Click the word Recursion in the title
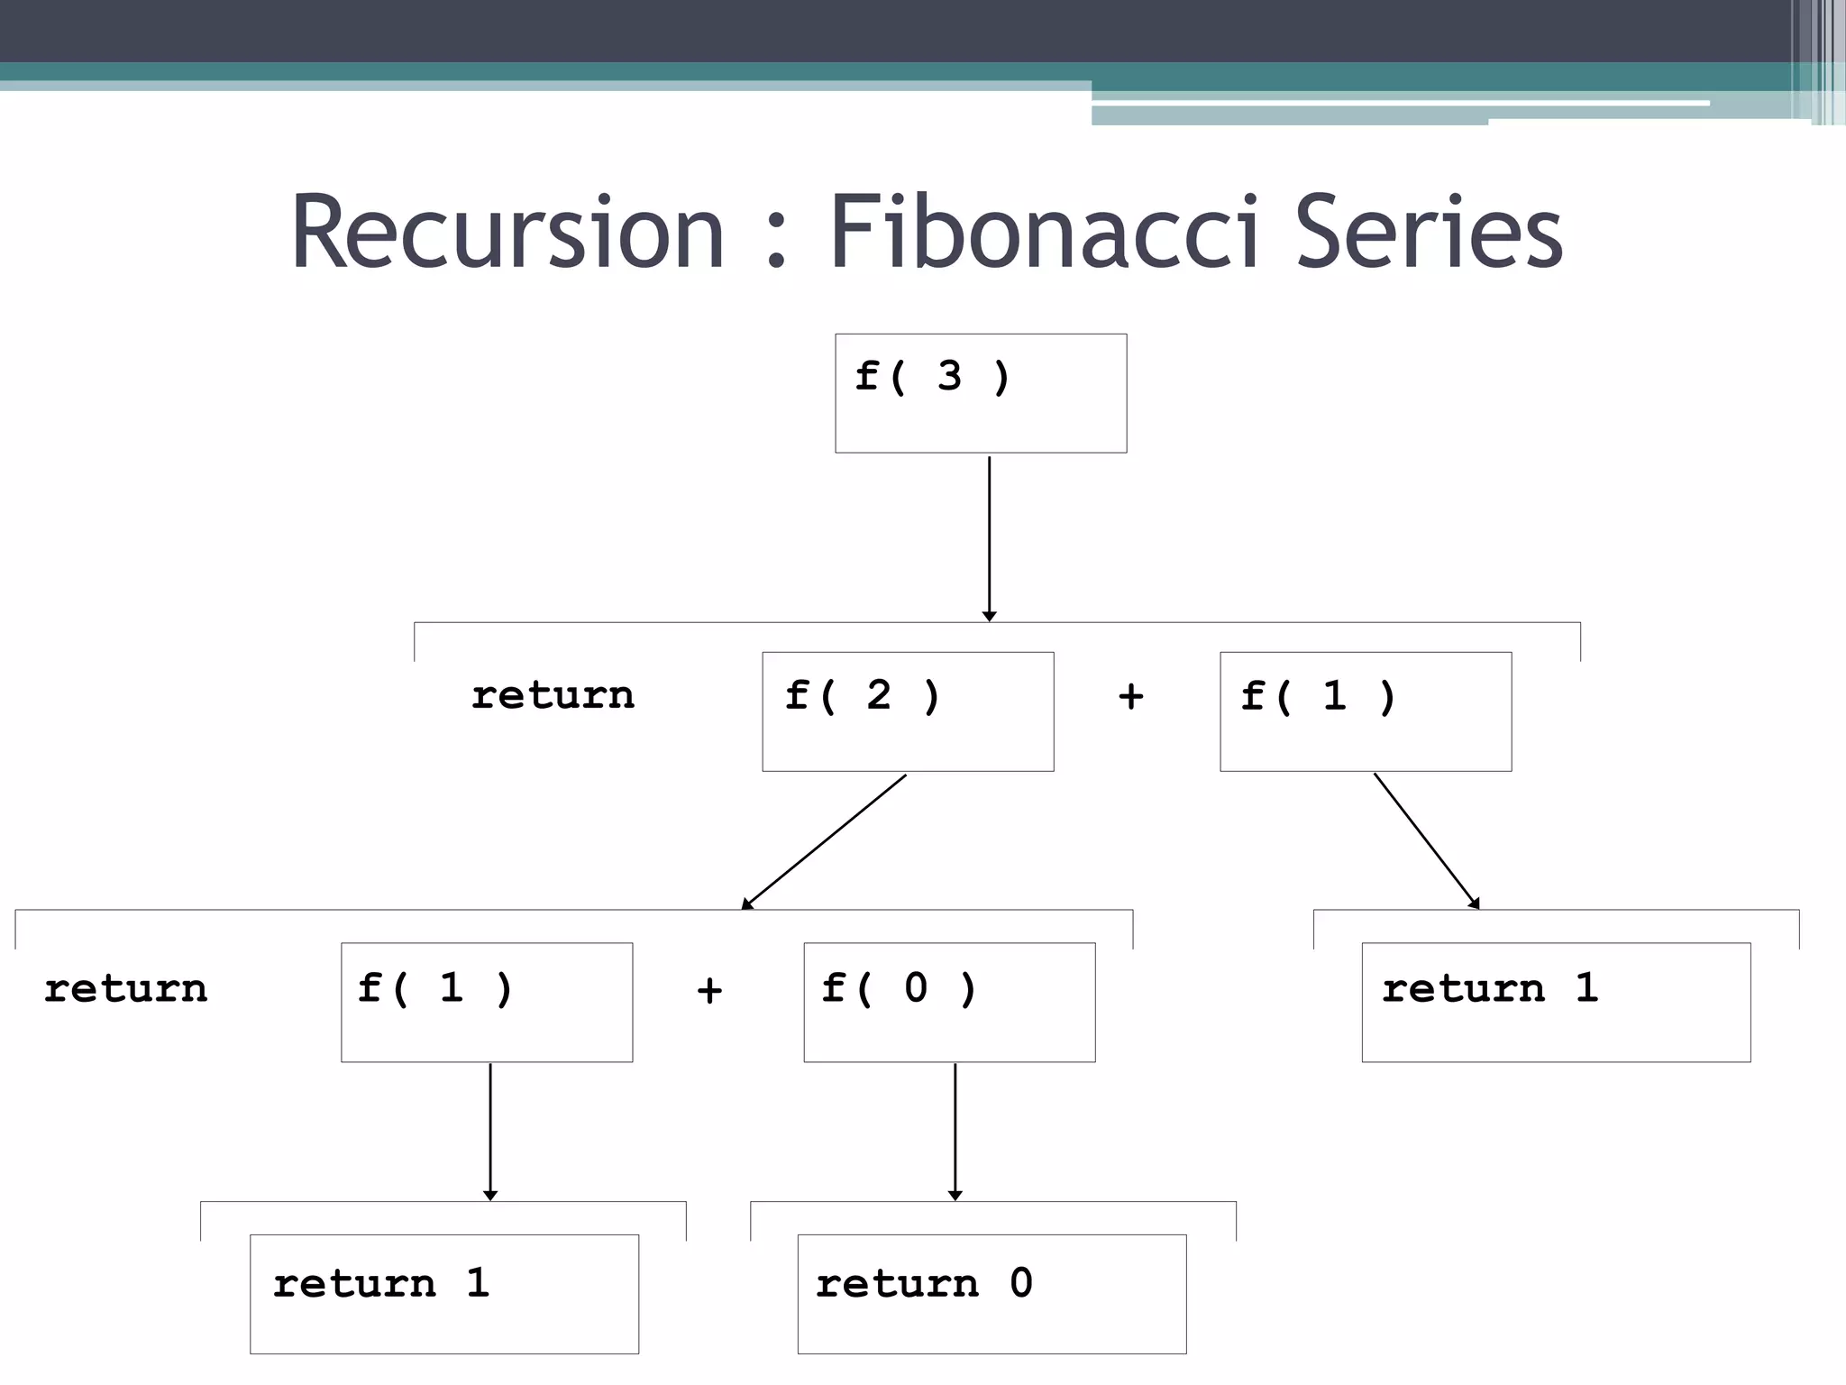[x=507, y=232]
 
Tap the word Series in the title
[x=1428, y=232]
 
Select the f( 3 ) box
[x=981, y=393]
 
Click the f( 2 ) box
[x=908, y=711]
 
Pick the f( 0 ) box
[x=949, y=1002]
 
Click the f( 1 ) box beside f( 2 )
[x=1366, y=711]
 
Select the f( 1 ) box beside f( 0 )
[x=487, y=1002]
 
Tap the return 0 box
[x=992, y=1293]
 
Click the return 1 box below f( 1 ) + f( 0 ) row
[x=444, y=1293]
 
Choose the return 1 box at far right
[x=1556, y=1002]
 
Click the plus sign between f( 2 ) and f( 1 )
[x=1130, y=697]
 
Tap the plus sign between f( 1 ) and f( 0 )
[x=709, y=991]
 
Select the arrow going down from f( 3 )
[x=989, y=537]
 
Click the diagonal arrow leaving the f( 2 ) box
[x=824, y=841]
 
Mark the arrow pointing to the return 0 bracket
[x=955, y=1131]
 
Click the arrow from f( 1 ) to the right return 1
[x=1426, y=840]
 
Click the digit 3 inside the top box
[x=949, y=376]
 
